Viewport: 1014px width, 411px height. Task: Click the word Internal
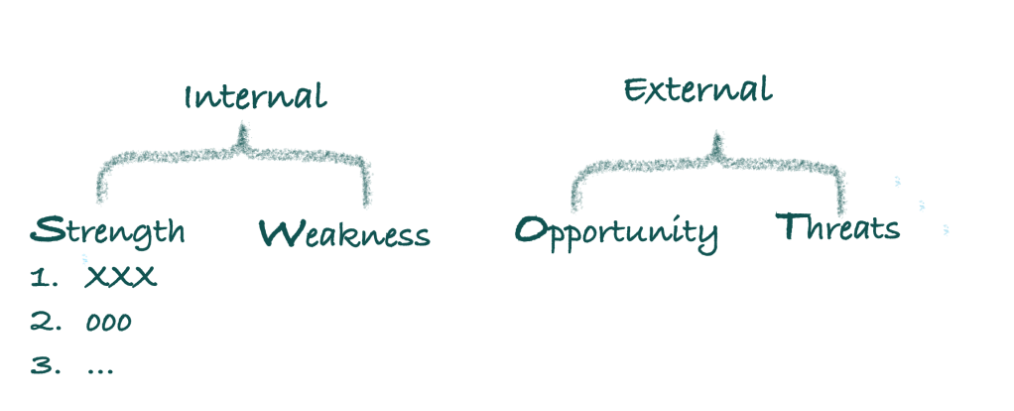[254, 96]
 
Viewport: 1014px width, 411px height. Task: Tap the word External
[697, 89]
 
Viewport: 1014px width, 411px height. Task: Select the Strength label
[108, 231]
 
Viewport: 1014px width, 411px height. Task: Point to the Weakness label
[344, 234]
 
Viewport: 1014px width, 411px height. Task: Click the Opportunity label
[616, 232]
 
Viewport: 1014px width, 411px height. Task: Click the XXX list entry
[121, 278]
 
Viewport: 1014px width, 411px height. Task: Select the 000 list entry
[109, 323]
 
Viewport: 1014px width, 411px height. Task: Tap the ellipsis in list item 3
[100, 369]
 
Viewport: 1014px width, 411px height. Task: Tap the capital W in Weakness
[279, 233]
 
